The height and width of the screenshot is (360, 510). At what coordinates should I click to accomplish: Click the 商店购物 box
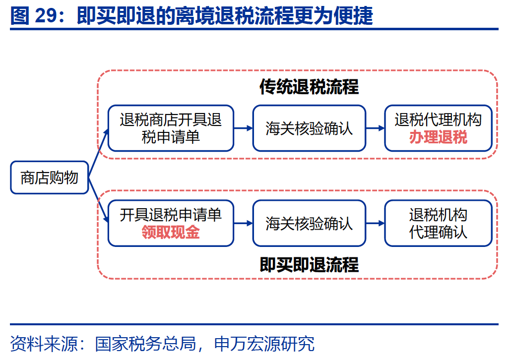pyautogui.click(x=49, y=178)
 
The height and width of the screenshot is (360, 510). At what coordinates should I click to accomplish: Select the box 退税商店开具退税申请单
pyautogui.click(x=170, y=128)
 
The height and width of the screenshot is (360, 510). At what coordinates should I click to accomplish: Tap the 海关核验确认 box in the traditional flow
pyautogui.click(x=309, y=128)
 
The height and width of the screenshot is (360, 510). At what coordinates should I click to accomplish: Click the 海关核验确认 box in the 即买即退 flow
pyautogui.click(x=309, y=223)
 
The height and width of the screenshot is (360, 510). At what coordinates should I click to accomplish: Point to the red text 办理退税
pyautogui.click(x=438, y=137)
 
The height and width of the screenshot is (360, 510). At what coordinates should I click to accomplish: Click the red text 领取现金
pyautogui.click(x=170, y=232)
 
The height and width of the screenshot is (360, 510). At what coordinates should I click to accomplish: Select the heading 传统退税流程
pyautogui.click(x=309, y=87)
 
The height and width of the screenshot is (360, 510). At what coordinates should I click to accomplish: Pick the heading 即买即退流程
pyautogui.click(x=309, y=264)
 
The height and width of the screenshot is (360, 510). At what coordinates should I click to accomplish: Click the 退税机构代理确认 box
pyautogui.click(x=438, y=223)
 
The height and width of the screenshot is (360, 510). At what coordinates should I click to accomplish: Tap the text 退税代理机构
pyautogui.click(x=438, y=120)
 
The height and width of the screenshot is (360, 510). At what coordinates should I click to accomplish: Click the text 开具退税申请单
pyautogui.click(x=170, y=215)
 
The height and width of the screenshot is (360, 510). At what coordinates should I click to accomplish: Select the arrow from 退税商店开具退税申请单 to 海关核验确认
pyautogui.click(x=243, y=128)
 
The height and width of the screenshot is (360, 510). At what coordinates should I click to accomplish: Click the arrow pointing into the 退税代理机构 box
pyautogui.click(x=375, y=128)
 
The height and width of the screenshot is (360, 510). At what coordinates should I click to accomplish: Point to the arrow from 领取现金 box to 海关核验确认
pyautogui.click(x=243, y=223)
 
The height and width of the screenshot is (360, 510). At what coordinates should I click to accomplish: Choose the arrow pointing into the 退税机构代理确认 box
pyautogui.click(x=375, y=223)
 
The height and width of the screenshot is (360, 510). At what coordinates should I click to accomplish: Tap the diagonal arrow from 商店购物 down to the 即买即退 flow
pyautogui.click(x=99, y=203)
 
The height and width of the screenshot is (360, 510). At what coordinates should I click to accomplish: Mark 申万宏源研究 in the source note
pyautogui.click(x=264, y=344)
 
